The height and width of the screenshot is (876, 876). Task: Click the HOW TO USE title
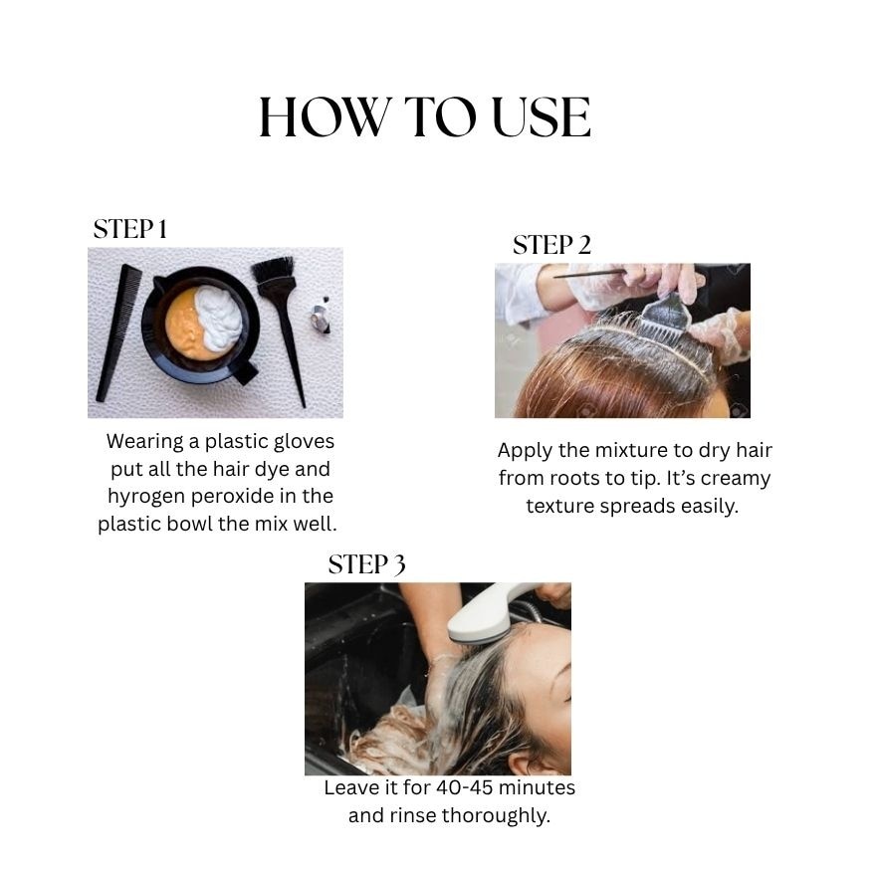click(x=425, y=117)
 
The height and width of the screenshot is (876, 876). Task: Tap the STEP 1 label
click(x=130, y=229)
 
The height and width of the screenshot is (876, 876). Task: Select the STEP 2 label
click(x=551, y=245)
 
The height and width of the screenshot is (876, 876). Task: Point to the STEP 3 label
click(x=366, y=564)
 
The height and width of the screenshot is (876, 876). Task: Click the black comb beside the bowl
click(x=119, y=332)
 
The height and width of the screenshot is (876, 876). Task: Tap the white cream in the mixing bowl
click(x=219, y=317)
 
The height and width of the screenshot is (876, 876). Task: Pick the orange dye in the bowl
click(x=187, y=326)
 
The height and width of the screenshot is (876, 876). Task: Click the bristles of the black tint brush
click(x=274, y=272)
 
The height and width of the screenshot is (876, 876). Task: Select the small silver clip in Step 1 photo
click(x=321, y=319)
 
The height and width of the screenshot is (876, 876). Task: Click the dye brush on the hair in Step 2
click(x=665, y=317)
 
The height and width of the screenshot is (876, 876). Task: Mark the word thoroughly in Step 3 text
click(x=496, y=816)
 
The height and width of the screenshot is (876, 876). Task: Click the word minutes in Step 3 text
click(x=537, y=787)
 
